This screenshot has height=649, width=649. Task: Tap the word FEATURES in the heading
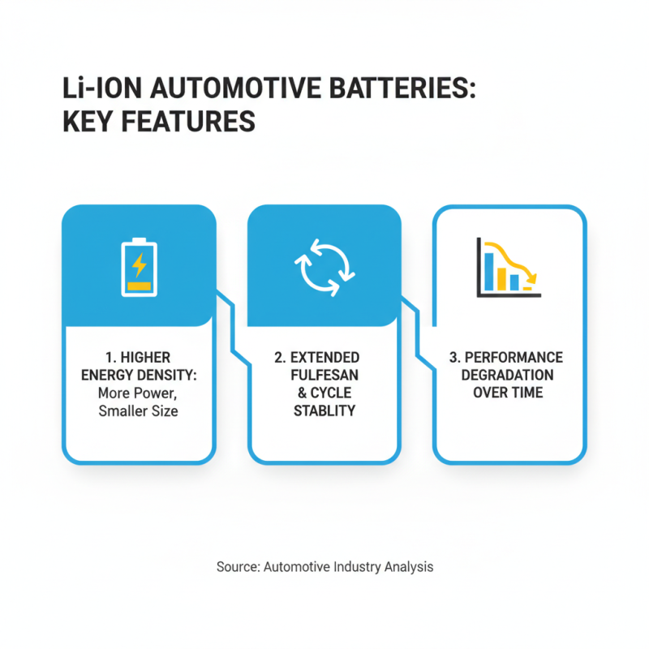click(x=183, y=122)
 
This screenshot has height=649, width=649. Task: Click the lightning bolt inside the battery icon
click(x=140, y=264)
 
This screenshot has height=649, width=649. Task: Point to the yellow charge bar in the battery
click(x=140, y=286)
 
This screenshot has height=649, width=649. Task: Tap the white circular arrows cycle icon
click(x=324, y=267)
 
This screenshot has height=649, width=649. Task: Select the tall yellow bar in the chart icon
click(x=502, y=277)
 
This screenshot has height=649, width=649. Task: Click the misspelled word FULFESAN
click(x=324, y=376)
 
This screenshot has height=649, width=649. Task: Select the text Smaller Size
click(x=139, y=410)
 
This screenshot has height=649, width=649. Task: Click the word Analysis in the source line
click(x=408, y=567)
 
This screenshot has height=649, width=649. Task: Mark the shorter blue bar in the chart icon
click(x=514, y=282)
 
